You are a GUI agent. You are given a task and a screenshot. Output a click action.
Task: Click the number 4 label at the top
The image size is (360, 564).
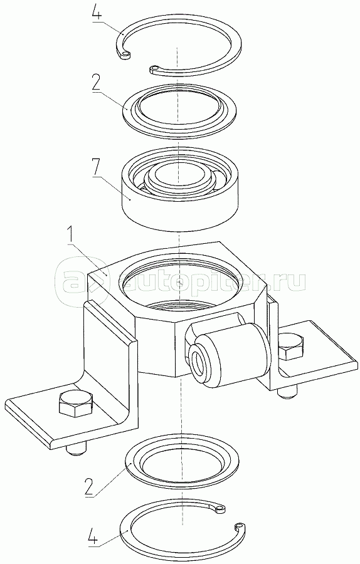click(97, 13)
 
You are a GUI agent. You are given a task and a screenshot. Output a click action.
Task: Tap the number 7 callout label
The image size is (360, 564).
click(97, 167)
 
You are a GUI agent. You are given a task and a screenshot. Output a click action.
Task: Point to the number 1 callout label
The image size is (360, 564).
click(72, 235)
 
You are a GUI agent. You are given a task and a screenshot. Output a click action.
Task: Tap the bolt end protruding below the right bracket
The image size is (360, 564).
click(288, 393)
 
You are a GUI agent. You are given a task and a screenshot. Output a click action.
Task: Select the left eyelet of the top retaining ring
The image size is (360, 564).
click(125, 55)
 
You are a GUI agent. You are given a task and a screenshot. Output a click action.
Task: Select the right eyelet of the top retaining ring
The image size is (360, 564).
click(155, 68)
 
